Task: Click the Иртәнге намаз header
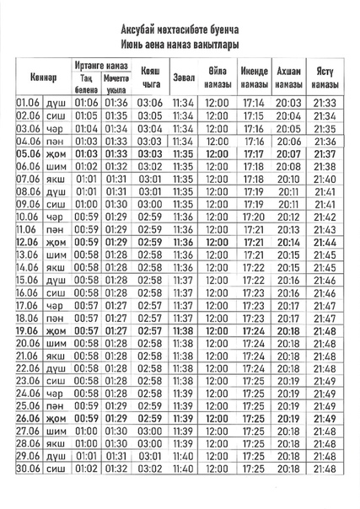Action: [101, 65]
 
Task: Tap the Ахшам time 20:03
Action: [287, 103]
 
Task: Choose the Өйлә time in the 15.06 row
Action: [217, 279]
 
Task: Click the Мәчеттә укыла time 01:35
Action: [116, 115]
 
